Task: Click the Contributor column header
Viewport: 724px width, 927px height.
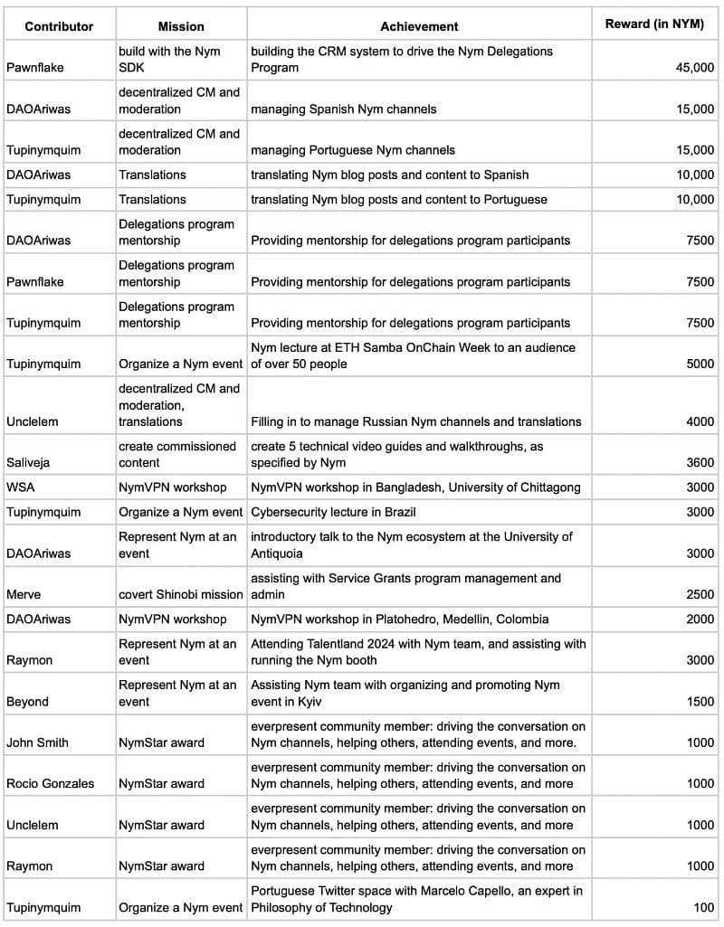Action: pos(59,26)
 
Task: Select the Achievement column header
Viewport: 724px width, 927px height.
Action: pos(419,26)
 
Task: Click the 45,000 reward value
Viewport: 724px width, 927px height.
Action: pos(694,68)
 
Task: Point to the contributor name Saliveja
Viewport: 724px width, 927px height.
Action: pos(28,462)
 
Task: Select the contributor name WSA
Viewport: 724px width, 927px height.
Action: pos(20,487)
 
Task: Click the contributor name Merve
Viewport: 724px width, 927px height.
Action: pos(24,594)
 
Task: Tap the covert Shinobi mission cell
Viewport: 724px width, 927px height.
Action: pos(181,594)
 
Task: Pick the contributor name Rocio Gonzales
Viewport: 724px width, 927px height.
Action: pos(50,783)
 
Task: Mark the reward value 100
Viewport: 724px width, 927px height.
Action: pos(703,907)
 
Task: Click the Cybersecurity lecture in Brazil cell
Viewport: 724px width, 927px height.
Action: pos(333,512)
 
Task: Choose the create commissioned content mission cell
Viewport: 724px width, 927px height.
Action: pos(177,454)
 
